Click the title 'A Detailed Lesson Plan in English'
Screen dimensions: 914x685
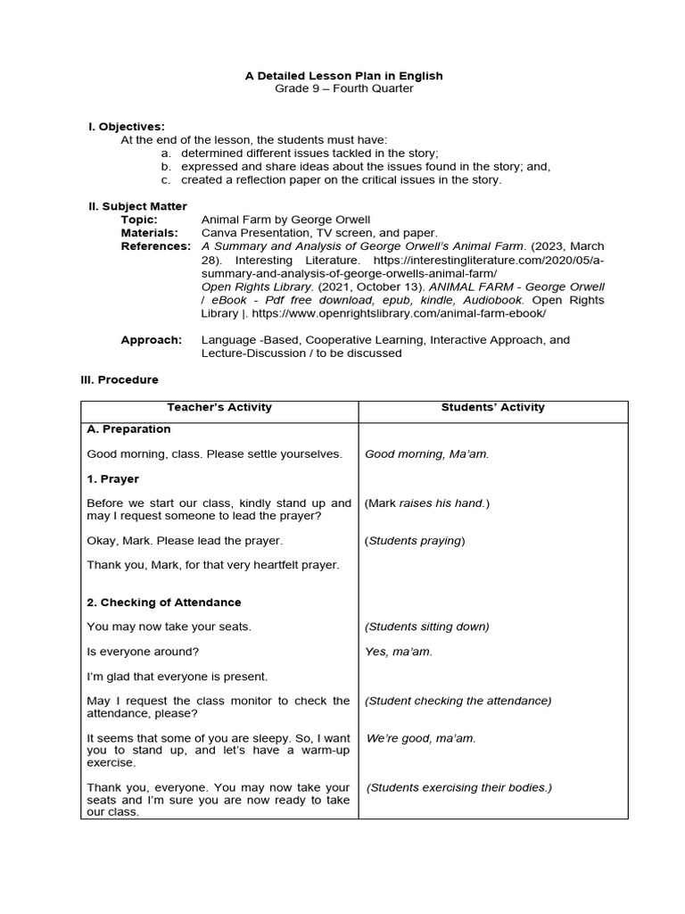[343, 76]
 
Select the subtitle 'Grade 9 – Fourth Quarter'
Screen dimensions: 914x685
[343, 88]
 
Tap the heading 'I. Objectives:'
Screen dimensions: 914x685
[126, 127]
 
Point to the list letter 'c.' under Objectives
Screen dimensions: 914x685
[166, 179]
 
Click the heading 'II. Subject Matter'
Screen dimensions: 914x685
[137, 206]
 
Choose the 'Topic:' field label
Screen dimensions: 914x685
[139, 220]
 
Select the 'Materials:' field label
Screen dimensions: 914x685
[149, 232]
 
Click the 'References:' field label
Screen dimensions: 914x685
[156, 245]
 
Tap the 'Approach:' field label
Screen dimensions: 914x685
[151, 340]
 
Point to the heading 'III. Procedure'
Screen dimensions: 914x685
[120, 379]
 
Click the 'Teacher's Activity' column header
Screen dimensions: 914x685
[219, 407]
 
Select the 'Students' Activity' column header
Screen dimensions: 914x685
[492, 407]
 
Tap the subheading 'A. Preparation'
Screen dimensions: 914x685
[128, 428]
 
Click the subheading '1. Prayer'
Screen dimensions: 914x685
[113, 478]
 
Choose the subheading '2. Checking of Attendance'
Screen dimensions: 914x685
[164, 602]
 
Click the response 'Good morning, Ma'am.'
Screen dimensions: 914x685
[426, 453]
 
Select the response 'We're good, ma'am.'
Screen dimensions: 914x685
[421, 738]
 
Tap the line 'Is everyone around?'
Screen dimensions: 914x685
[143, 652]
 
